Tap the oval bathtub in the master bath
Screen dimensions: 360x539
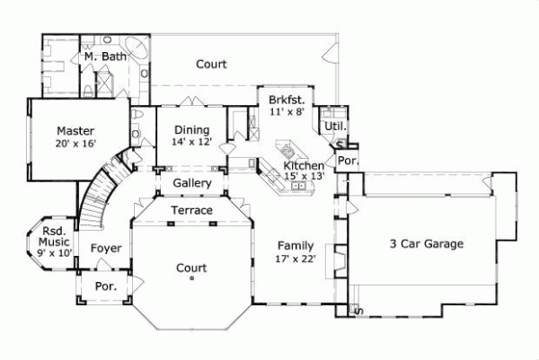[x=138, y=48]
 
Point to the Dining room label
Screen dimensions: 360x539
[x=191, y=129]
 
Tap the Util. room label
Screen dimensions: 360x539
[x=335, y=127]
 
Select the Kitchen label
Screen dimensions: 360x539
[x=304, y=167]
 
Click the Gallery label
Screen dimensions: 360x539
[x=192, y=183]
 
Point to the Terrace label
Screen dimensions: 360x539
[x=192, y=210]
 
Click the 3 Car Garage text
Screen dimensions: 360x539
[x=426, y=243]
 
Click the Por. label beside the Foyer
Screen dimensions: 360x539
[x=106, y=286]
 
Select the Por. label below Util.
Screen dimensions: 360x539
[x=347, y=161]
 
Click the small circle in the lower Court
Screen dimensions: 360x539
[x=191, y=278]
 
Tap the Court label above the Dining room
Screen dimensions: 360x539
[x=211, y=65]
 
